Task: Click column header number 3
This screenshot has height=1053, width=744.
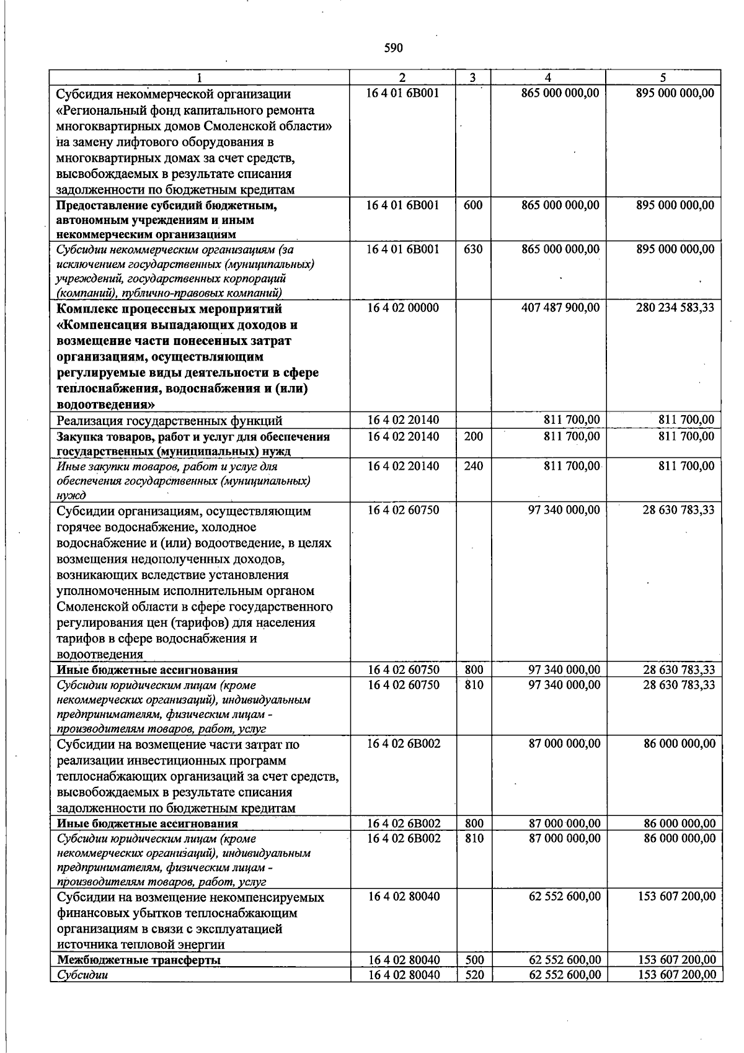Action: [472, 78]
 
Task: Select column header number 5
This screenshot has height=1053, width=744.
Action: [663, 78]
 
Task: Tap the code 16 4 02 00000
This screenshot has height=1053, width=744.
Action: [403, 308]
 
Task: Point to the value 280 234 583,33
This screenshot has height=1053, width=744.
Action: [675, 308]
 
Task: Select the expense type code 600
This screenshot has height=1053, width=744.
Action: [472, 205]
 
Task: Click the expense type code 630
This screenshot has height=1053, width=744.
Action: [472, 249]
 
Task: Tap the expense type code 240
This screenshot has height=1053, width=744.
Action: [473, 466]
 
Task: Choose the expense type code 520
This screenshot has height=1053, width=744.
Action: [474, 975]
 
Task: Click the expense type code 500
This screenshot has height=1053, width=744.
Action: [474, 960]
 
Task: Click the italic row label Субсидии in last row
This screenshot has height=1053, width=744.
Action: [82, 975]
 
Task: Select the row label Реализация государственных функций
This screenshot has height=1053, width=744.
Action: [169, 421]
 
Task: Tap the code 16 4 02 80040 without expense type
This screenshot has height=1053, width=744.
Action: [404, 897]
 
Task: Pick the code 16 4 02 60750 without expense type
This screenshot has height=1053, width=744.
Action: [403, 510]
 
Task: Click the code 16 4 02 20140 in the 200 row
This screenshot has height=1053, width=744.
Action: [403, 436]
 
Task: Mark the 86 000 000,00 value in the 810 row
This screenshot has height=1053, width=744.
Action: [679, 838]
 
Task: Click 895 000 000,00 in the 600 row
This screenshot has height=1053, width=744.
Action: [675, 205]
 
